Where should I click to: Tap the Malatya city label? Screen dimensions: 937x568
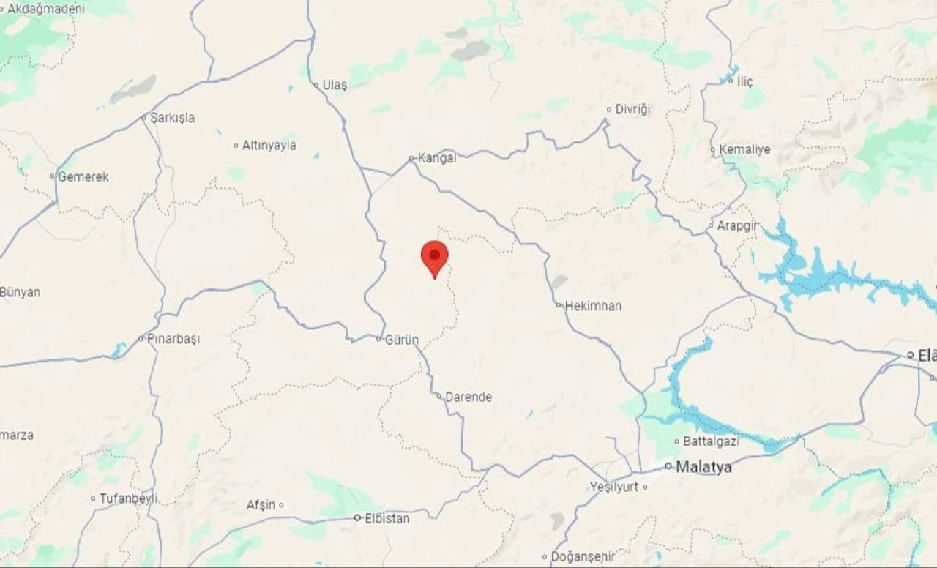[x=703, y=467]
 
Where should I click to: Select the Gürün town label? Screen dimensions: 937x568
[x=402, y=340]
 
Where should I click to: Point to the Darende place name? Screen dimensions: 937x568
[x=468, y=397]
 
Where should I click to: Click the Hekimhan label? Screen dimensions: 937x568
[x=593, y=306]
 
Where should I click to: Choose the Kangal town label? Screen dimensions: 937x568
[x=437, y=158]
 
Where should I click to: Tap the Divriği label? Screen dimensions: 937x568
[x=632, y=110]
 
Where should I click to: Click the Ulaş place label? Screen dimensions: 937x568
[x=335, y=86]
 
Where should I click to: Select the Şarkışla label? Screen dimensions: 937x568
[x=172, y=118]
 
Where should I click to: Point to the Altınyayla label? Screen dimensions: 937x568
[x=269, y=146]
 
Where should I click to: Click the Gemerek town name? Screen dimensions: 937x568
[x=83, y=177]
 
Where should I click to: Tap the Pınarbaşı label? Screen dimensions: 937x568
[x=173, y=339]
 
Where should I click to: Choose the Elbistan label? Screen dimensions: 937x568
[x=387, y=518]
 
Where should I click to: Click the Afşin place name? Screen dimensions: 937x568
[x=261, y=505]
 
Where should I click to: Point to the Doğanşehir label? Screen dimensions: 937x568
[x=583, y=557]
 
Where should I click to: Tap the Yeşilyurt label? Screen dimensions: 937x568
[x=614, y=487]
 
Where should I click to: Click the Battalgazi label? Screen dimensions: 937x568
[x=711, y=441]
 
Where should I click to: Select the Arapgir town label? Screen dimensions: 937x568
[x=737, y=226]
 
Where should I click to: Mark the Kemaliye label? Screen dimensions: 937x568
[x=744, y=150]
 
